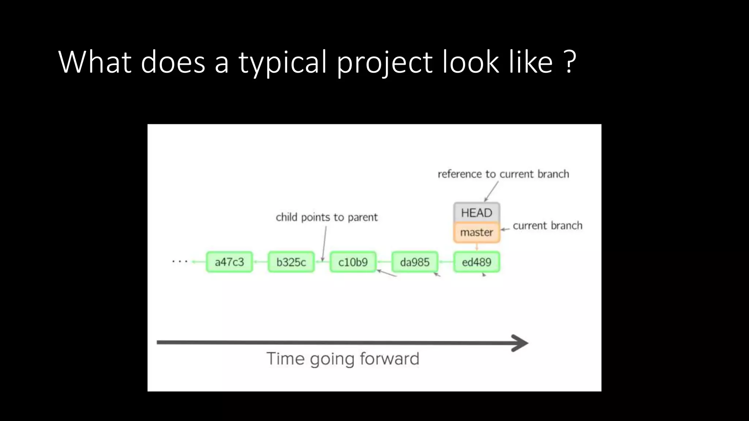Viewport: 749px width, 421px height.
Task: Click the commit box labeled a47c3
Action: tap(229, 262)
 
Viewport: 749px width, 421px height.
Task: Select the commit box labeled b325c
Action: tap(291, 262)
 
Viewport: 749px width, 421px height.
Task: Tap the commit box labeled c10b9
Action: tap(353, 262)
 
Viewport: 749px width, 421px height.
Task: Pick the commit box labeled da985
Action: tap(415, 262)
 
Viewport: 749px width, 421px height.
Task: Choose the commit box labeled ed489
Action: tap(477, 262)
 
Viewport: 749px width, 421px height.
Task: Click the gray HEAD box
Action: tap(477, 212)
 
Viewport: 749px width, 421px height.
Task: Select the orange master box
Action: tap(477, 232)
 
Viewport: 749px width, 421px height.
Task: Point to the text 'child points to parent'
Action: tap(327, 217)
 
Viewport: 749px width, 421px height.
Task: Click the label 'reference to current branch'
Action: tap(503, 174)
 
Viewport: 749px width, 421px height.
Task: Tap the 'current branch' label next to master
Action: tap(547, 225)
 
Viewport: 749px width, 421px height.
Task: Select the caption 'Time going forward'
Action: tap(343, 359)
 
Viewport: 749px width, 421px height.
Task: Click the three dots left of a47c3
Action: tap(180, 261)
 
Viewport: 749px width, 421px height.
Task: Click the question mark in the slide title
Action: tap(570, 62)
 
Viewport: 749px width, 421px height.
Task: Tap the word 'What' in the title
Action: tap(95, 62)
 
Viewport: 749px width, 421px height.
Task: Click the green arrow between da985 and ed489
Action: tap(446, 262)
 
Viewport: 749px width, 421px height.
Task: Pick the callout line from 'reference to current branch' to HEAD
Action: tap(492, 191)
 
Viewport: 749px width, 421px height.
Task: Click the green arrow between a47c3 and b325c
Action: tap(260, 262)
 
